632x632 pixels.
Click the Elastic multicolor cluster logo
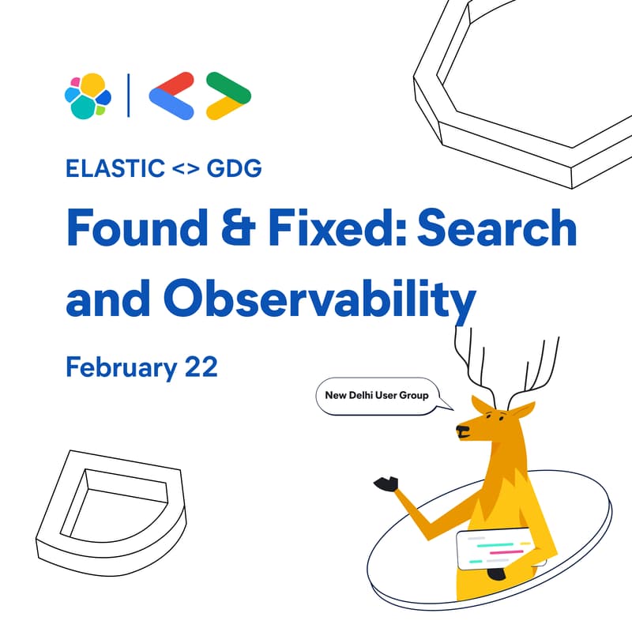(87, 96)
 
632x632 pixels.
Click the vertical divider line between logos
(129, 96)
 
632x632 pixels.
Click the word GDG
(234, 169)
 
